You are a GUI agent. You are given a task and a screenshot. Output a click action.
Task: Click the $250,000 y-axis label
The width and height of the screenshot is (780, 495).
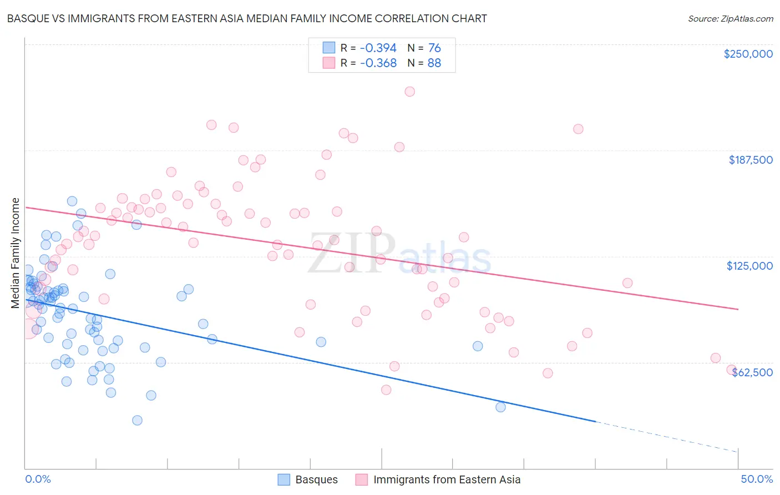click(748, 54)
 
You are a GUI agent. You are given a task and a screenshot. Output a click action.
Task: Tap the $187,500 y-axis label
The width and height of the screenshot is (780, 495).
click(750, 160)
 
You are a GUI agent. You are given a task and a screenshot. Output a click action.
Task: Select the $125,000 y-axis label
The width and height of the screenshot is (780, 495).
click(749, 266)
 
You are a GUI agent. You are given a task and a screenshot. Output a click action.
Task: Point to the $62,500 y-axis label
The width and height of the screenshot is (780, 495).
click(752, 372)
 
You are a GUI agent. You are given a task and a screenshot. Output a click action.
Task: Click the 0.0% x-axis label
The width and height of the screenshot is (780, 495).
click(38, 479)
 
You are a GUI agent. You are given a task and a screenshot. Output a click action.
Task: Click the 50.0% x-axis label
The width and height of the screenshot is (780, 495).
click(757, 479)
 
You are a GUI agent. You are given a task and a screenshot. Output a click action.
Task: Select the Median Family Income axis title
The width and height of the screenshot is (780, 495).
click(16, 252)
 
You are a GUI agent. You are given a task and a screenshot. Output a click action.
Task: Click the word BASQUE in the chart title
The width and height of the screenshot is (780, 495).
click(28, 18)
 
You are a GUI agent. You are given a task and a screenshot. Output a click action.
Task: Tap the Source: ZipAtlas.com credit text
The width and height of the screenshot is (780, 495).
click(730, 18)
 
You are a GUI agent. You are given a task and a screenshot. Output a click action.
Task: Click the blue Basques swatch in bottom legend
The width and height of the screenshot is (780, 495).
click(284, 479)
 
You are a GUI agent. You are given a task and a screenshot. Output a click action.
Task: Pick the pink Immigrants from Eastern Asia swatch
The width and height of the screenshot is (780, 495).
click(362, 479)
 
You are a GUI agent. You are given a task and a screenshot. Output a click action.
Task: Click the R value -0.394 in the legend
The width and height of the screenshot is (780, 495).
click(378, 48)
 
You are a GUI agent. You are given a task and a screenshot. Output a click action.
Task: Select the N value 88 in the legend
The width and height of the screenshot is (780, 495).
click(434, 63)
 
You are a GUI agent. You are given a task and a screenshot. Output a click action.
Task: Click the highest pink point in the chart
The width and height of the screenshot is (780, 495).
click(409, 92)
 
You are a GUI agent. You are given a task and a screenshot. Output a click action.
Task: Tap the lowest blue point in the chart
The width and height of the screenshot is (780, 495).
click(137, 420)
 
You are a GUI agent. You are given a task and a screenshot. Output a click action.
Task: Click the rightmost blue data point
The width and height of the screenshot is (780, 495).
click(500, 407)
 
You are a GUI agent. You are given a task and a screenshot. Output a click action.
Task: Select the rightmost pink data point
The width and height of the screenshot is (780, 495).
click(731, 370)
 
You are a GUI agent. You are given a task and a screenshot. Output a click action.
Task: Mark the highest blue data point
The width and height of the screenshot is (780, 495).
click(72, 201)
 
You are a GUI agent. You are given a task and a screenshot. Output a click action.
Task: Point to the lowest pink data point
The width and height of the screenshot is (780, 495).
click(386, 390)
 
